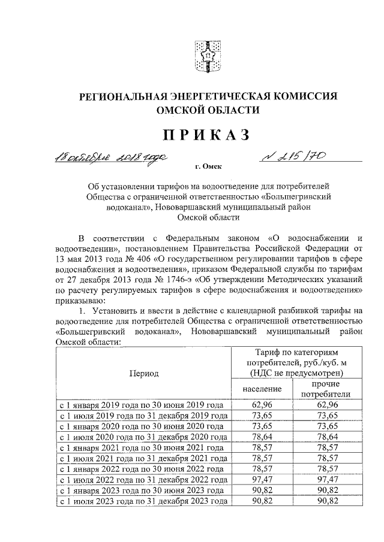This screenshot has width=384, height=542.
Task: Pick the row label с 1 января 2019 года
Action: point(143,405)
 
